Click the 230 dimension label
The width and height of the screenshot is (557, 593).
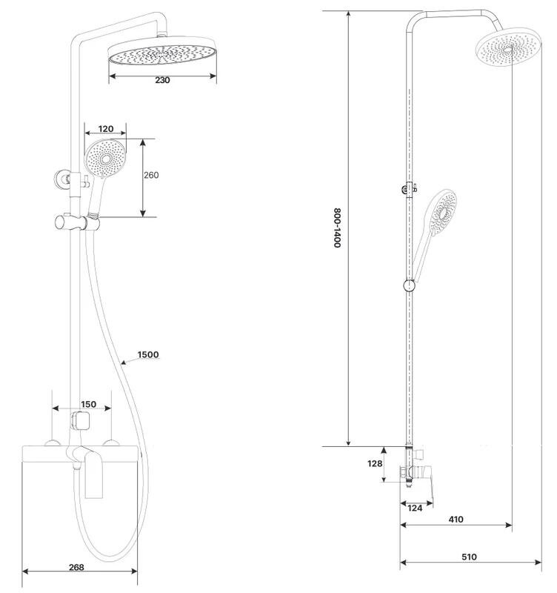click(162, 80)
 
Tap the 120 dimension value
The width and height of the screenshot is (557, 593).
click(106, 129)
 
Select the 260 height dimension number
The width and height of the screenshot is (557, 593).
click(151, 175)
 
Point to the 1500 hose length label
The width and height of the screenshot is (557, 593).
click(148, 355)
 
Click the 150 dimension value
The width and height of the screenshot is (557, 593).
click(88, 404)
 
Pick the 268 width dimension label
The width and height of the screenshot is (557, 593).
click(77, 567)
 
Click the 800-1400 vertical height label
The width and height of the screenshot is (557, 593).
click(337, 228)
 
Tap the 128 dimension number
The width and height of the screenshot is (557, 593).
click(375, 463)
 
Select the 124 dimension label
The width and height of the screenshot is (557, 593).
click(415, 508)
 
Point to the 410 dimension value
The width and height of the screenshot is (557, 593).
click(456, 520)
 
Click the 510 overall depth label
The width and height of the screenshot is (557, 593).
click(469, 557)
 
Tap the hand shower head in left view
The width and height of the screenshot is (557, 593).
click(105, 159)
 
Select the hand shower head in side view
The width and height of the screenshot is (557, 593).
click(442, 212)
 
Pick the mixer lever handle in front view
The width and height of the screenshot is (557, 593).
click(94, 475)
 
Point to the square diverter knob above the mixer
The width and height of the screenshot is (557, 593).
click(81, 421)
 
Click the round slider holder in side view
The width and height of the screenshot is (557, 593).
click(410, 286)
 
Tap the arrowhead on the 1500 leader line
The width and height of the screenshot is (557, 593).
click(124, 362)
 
